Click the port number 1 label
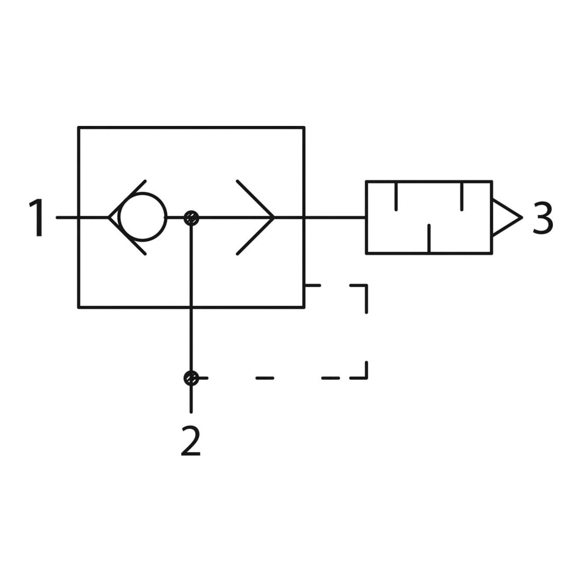[38, 217]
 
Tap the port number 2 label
[191, 441]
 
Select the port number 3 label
[543, 217]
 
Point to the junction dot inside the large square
[192, 218]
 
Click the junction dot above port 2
[192, 378]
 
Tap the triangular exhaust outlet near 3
[507, 218]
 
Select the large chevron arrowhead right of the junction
[256, 217]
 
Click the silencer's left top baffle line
[396, 196]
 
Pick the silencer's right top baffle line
[462, 196]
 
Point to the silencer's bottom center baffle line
[429, 239]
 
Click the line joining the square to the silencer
[335, 217]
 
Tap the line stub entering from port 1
[83, 217]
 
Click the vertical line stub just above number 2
[191, 399]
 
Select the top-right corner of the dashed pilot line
[366, 285]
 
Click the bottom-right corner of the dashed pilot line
[366, 378]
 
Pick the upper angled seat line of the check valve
[127, 199]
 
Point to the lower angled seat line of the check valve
[127, 236]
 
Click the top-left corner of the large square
[79, 128]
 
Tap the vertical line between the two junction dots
[191, 298]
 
